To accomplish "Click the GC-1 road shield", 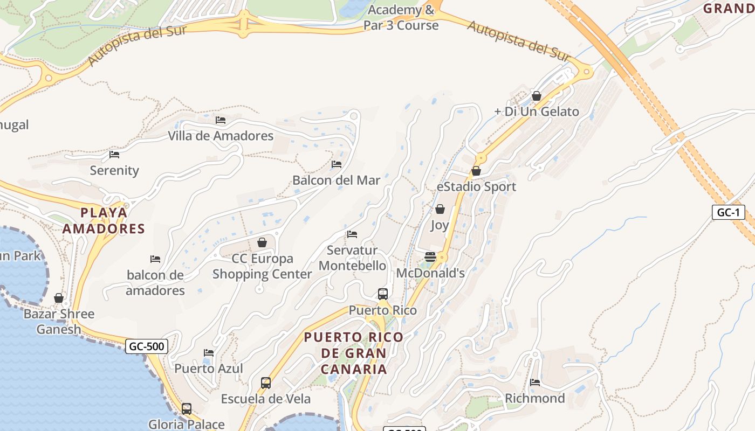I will pos(728,212).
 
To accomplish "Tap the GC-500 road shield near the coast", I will pos(147,346).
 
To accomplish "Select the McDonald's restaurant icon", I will pos(430,257).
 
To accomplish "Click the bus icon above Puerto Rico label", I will pos(383,294).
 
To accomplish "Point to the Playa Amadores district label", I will pos(104,220).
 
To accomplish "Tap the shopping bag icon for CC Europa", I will pos(262,242).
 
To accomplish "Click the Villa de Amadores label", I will pos(221,136).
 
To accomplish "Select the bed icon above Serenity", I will pos(114,155).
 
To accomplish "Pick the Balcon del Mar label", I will pos(336,180).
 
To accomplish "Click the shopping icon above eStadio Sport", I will pos(476,171).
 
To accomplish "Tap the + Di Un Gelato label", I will pos(536,112).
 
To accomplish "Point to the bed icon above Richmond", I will pos(535,383).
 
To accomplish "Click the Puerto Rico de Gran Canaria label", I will pos(354,353).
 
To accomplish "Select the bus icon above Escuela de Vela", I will pos(266,383).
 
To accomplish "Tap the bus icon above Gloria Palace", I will pos(187,409).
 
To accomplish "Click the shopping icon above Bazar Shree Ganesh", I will pos(59,298).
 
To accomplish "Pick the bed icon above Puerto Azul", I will pos(209,353).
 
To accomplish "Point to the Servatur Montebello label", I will pos(352,258).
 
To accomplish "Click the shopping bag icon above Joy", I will pos(440,209).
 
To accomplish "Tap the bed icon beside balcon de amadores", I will pos(155,259).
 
